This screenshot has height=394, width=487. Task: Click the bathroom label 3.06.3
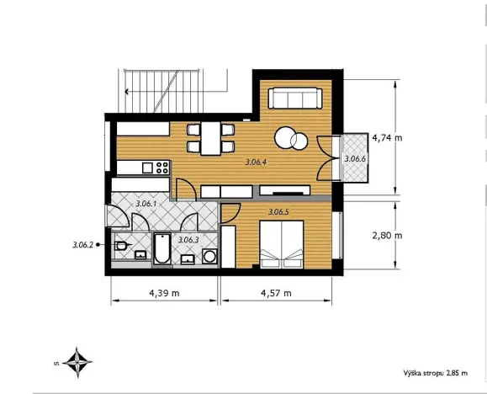coord(188,239)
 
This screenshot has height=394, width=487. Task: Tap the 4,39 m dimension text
coord(164,293)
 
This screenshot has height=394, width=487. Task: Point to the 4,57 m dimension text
coord(275,293)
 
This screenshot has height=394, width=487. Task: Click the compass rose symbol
coord(78,363)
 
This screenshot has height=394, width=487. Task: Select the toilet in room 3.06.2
coord(124,247)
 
